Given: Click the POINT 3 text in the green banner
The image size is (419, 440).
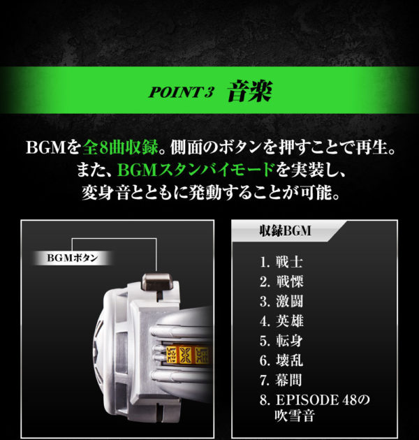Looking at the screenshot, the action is tap(182, 91).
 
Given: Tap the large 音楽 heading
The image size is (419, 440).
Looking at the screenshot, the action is tap(249, 91).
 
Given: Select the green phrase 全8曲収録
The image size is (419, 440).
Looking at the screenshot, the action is tap(120, 147).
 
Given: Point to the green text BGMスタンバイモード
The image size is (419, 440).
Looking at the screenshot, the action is tap(196, 170).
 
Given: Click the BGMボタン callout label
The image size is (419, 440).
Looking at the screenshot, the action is tap(73, 258).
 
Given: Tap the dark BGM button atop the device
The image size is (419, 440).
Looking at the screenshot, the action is tap(157, 281).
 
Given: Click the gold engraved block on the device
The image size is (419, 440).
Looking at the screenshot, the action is tap(187, 354).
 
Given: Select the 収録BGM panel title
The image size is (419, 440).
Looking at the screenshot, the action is tap(285, 231).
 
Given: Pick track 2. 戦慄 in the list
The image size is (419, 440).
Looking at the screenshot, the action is tap(281, 281).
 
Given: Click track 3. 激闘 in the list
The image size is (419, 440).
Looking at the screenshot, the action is tap(281, 302).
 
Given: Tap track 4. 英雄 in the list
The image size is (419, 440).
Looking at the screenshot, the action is tap(281, 321).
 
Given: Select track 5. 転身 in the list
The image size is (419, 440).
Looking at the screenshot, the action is tap(281, 341).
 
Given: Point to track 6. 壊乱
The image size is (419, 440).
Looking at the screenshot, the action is tap(281, 360).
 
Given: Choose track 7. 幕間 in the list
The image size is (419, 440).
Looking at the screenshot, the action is tap(281, 380).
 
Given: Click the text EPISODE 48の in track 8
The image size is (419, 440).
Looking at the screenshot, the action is tap(323, 400).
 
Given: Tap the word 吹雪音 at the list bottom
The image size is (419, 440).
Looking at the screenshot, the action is tap(295, 416).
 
